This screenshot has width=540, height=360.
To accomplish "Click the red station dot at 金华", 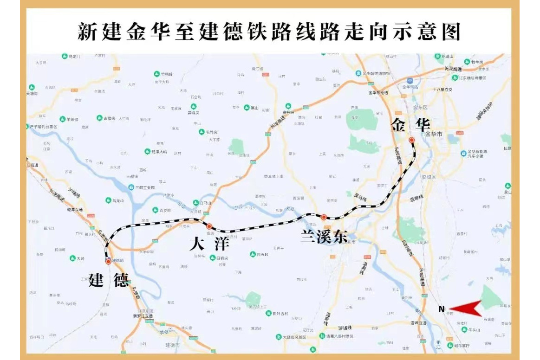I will pos(411,140).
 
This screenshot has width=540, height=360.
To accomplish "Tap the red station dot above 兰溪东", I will pos(324,217).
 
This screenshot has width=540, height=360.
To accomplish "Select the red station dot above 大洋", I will pos(209,226).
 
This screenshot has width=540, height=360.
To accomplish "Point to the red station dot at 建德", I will pos(108,261).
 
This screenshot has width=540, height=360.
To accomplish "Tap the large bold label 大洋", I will pos(209,244).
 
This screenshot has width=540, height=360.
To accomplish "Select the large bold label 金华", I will pos(410,125).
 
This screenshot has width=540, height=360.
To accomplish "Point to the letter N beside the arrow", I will pos(442,309).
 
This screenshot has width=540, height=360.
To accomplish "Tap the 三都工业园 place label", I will pos(144,187).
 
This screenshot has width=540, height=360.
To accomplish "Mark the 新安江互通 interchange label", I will pos(143,316).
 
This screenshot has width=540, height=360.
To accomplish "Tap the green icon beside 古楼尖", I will pos(99,118).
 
